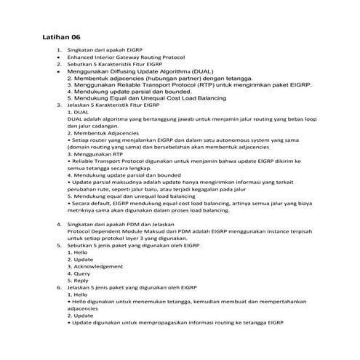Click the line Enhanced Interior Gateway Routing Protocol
[x=125, y=57]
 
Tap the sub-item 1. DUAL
[x=79, y=113]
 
